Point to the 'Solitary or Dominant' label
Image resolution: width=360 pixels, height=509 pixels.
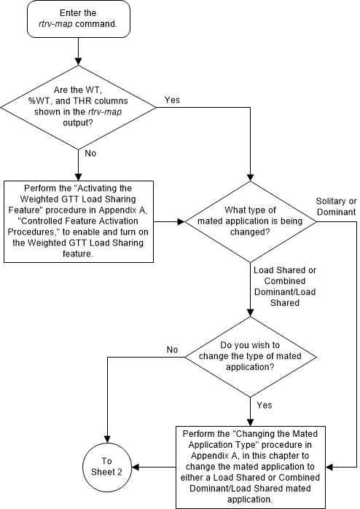pyautogui.click(x=336, y=205)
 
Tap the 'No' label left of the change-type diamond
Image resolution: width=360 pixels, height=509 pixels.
pyautogui.click(x=172, y=350)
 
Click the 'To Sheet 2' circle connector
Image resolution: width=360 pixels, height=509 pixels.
pyautogui.click(x=108, y=467)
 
